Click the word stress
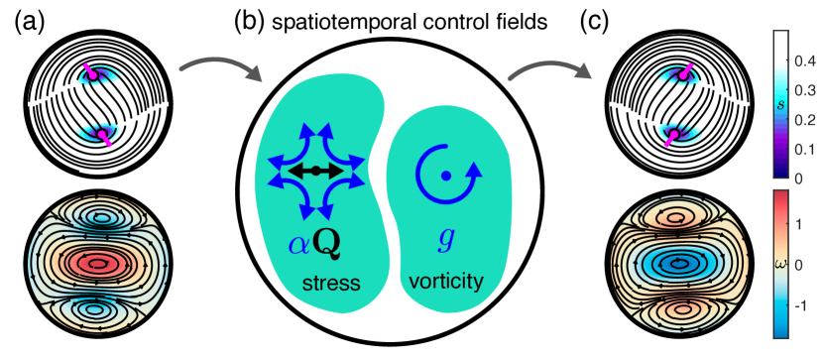(x=330, y=284)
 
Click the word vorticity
(x=445, y=282)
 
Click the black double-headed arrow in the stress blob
(x=314, y=172)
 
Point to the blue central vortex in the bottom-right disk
(x=678, y=265)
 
